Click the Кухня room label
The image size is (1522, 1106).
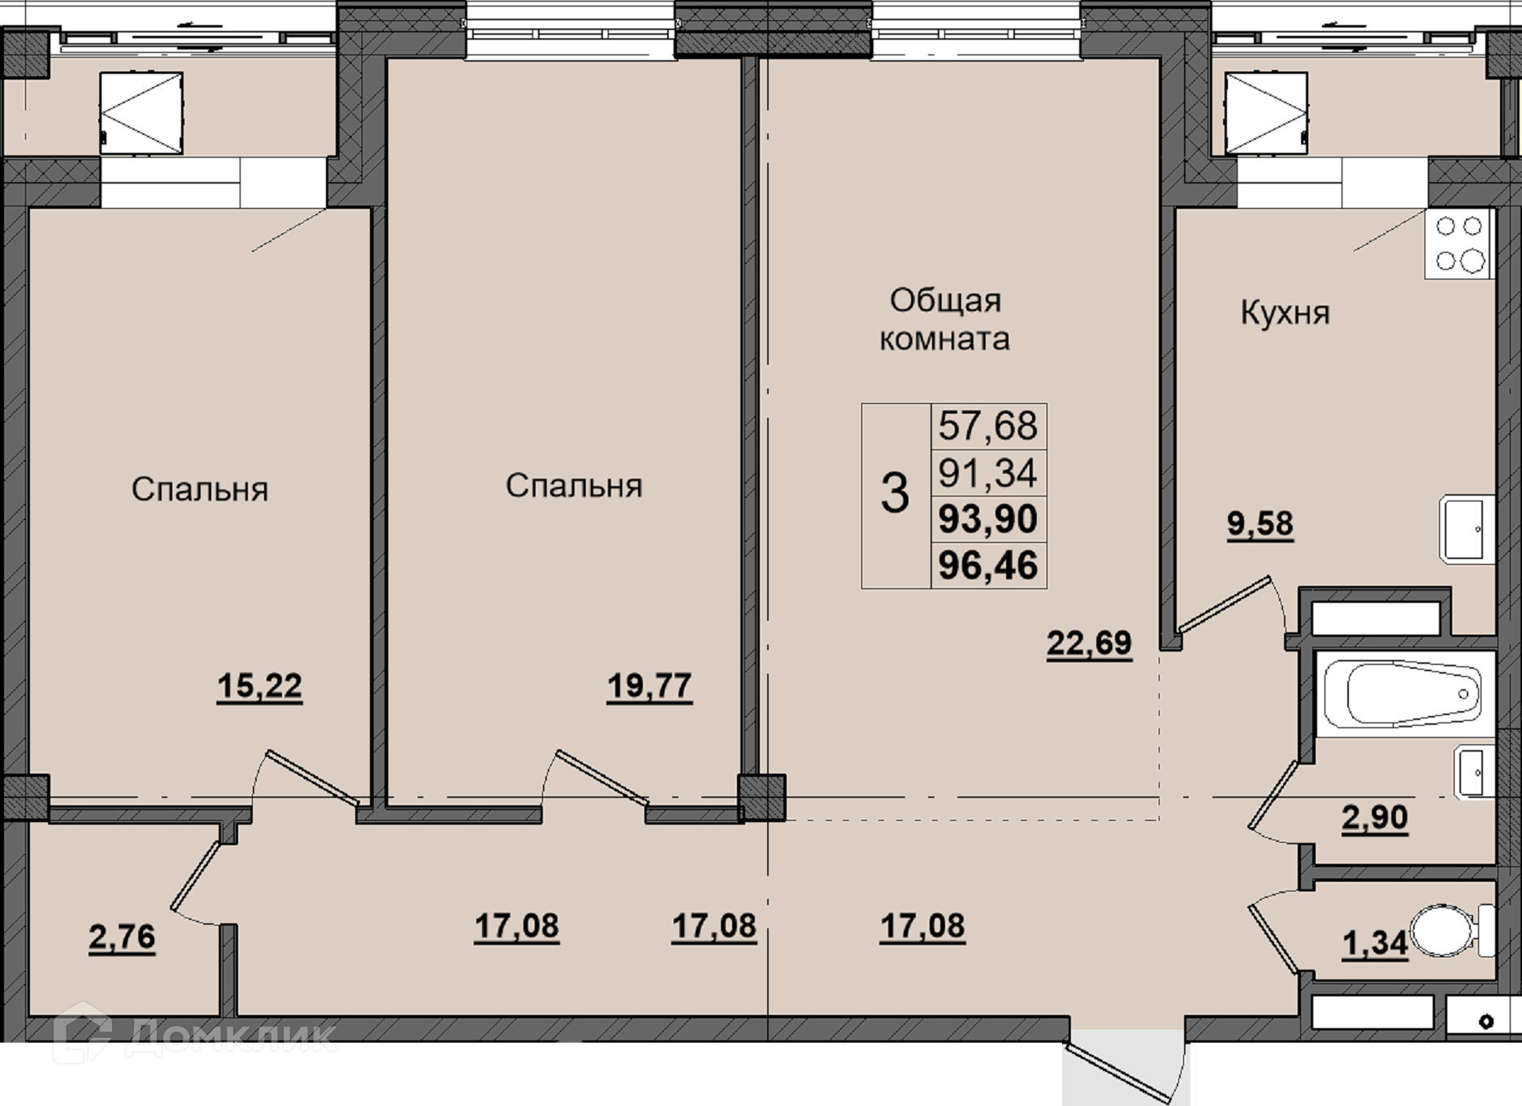(x=1285, y=314)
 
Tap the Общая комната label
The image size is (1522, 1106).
(x=945, y=319)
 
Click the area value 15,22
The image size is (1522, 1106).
(x=259, y=687)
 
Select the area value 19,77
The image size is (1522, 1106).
(x=649, y=687)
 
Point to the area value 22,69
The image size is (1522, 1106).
(x=1089, y=644)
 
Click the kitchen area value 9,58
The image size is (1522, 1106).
(x=1260, y=524)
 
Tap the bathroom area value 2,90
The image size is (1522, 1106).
(x=1374, y=818)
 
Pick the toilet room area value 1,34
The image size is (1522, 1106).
(x=1375, y=944)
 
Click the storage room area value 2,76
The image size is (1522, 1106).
(x=122, y=938)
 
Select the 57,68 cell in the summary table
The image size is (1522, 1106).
(x=988, y=426)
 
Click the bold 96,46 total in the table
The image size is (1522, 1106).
(x=988, y=566)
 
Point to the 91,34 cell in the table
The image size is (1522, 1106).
(x=988, y=473)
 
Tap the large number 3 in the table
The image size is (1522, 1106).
(x=895, y=493)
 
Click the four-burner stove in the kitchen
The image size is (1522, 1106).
(x=1459, y=243)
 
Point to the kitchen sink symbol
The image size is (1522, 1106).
(x=1467, y=529)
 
